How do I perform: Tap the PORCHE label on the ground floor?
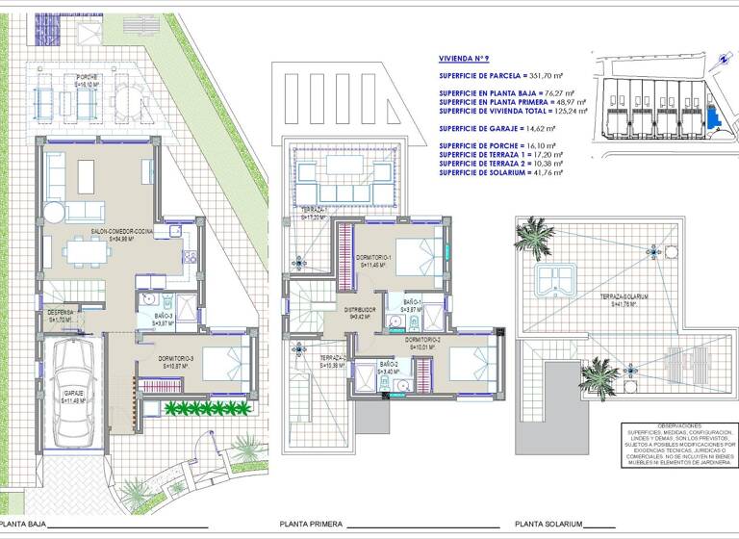pyautogui.click(x=92, y=77)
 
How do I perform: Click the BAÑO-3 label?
pyautogui.click(x=163, y=316)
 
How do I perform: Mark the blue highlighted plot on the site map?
pyautogui.click(x=712, y=118)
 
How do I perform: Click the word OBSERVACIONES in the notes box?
pyautogui.click(x=666, y=425)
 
